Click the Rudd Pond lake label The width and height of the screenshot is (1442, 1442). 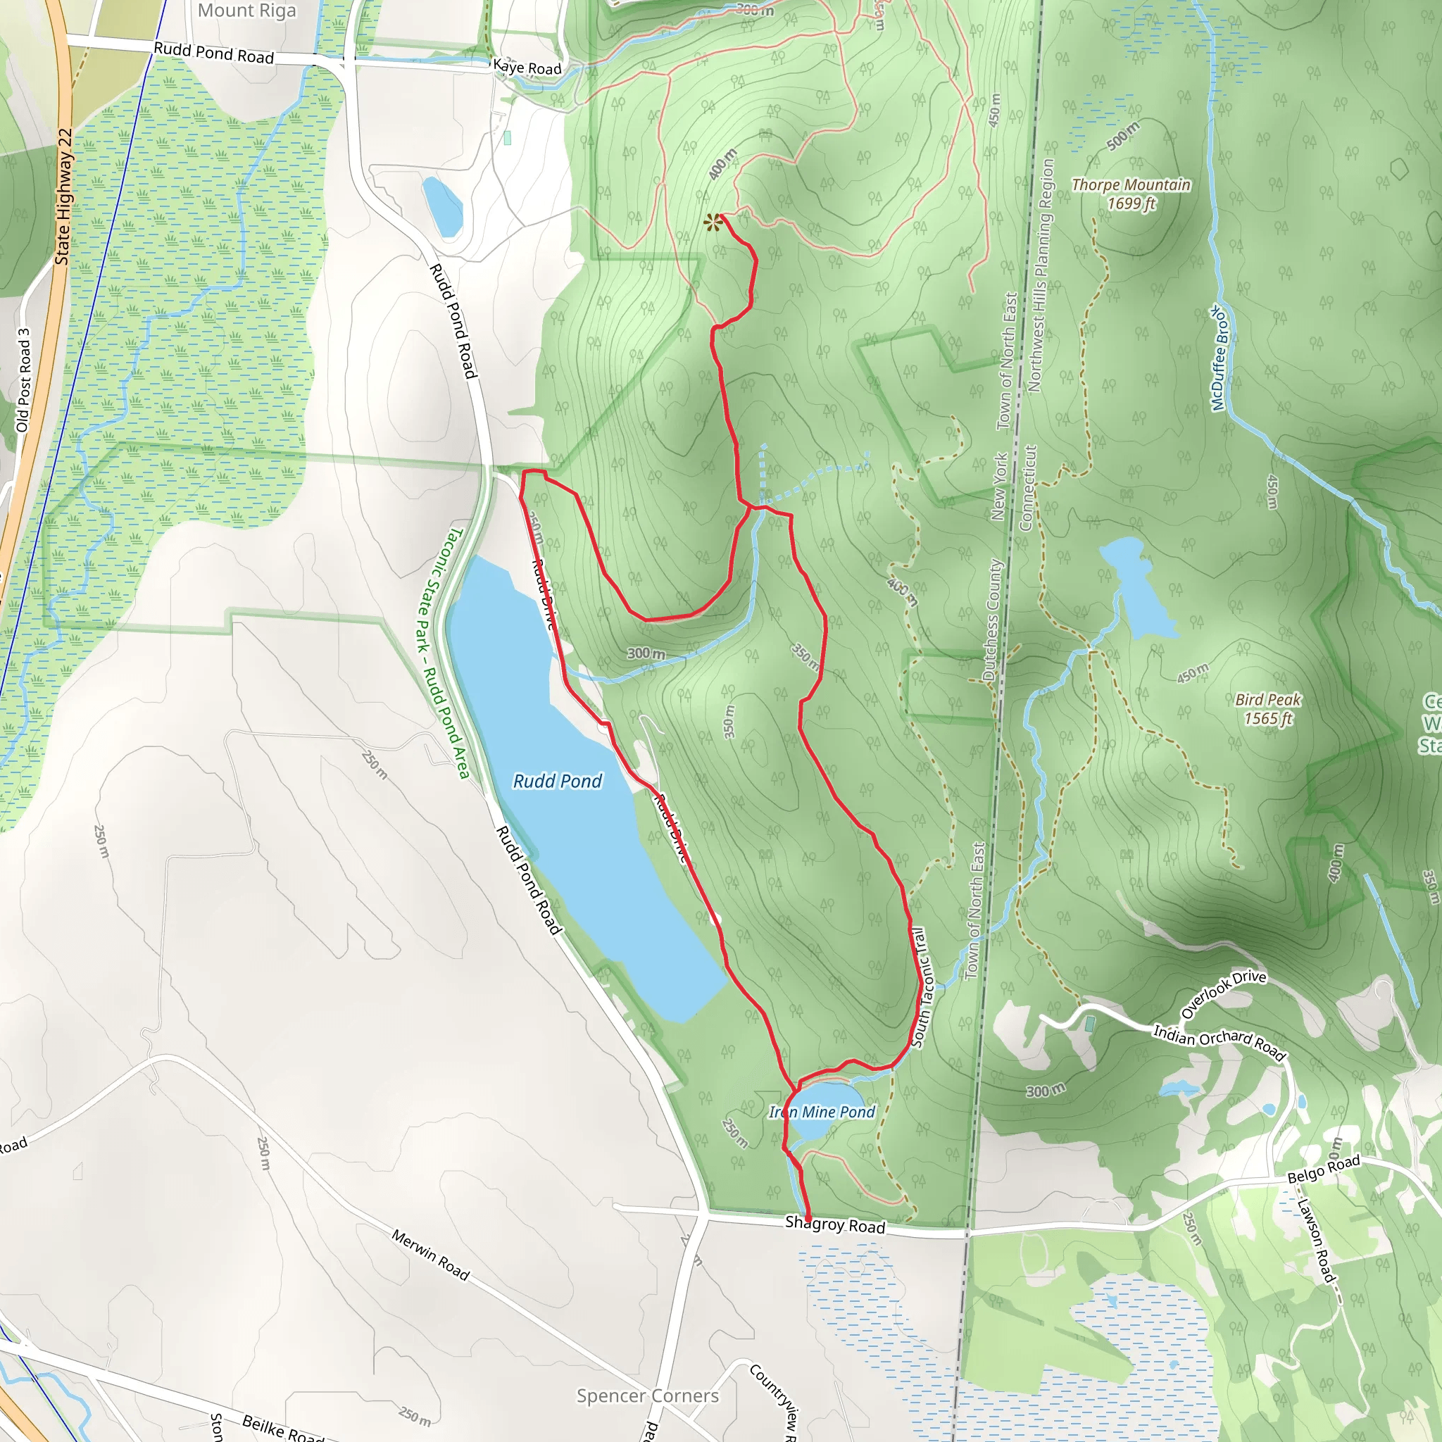tap(557, 782)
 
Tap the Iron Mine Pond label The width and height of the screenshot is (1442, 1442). tap(822, 1112)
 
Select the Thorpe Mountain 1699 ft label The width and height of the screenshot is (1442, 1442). tap(1131, 194)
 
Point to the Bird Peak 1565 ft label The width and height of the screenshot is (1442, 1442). tap(1267, 709)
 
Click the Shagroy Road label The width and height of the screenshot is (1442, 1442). tap(834, 1225)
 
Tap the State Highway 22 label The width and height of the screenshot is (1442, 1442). tap(64, 197)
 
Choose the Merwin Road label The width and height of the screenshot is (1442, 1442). tap(431, 1255)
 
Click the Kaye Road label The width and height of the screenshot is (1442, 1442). tap(527, 68)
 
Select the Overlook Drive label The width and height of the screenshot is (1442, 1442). tap(1223, 995)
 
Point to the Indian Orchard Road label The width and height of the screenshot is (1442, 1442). tap(1220, 1043)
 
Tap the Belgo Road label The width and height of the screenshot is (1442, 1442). tap(1324, 1168)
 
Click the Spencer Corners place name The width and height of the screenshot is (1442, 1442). tap(648, 1396)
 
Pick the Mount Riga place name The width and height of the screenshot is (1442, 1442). tap(246, 11)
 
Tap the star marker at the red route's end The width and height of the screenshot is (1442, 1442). tap(713, 222)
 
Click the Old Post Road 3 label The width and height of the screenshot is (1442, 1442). tap(23, 381)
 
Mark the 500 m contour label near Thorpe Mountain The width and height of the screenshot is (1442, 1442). tap(1122, 135)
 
